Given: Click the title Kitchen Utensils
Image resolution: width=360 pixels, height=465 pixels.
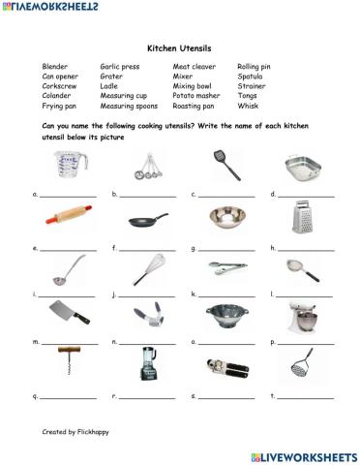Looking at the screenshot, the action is pos(179,46).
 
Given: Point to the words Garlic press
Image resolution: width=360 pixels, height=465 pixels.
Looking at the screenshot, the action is pos(120,66).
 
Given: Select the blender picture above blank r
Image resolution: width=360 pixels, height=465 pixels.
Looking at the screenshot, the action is pos(146,367).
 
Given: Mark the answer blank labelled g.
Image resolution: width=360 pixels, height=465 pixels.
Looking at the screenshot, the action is pos(229,249).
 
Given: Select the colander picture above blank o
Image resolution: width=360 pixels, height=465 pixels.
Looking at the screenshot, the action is pos(225,318).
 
